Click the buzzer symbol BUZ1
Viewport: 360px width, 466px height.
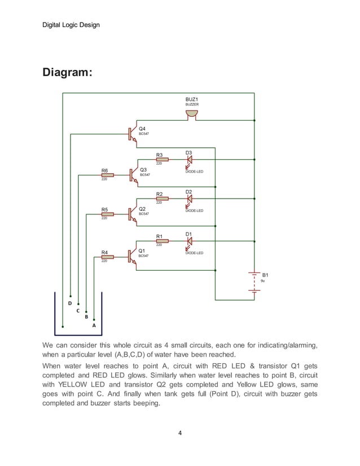point(192,115)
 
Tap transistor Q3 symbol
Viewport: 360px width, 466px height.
point(133,175)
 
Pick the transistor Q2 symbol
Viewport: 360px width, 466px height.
point(133,214)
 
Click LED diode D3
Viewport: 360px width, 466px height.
point(189,160)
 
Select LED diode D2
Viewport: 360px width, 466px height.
point(189,199)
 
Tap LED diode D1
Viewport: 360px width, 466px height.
point(189,241)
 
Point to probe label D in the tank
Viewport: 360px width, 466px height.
point(70,303)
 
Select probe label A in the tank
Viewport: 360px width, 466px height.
point(94,326)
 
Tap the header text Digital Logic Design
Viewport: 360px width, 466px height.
point(71,25)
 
